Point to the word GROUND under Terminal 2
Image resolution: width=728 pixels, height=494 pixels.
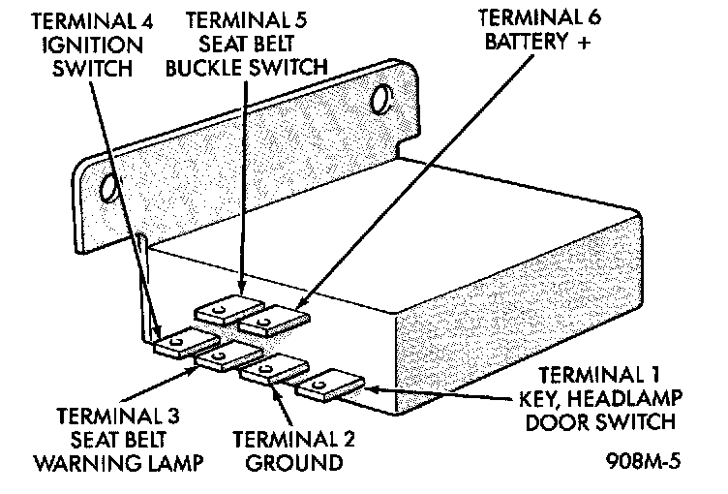pyautogui.click(x=294, y=463)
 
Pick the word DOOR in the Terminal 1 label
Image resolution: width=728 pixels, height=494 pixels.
pyautogui.click(x=556, y=422)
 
